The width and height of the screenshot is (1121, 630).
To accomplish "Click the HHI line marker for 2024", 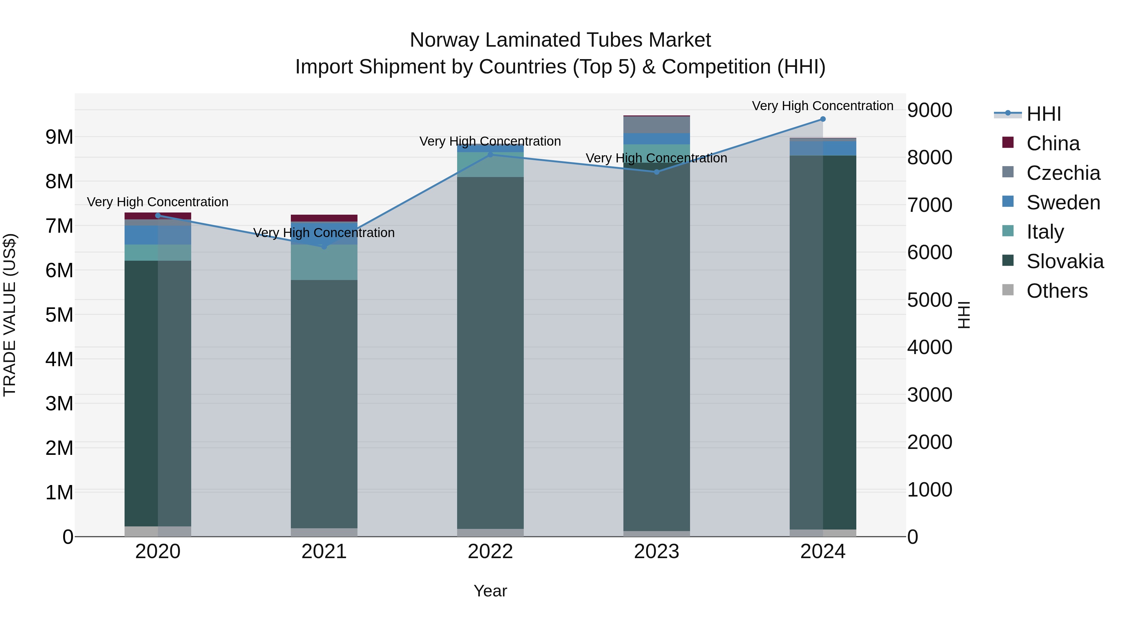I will pos(822,119).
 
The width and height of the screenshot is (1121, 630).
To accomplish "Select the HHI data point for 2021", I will pos(324,246).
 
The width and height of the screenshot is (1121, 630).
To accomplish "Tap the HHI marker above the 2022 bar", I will pos(490,154).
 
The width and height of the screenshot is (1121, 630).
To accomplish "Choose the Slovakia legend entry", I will pos(1064,261).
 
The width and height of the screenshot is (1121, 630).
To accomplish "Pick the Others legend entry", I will pos(1057,291).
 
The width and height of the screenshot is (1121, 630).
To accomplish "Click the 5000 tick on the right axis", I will pos(929,300).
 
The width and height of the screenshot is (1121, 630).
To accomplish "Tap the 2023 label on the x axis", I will pos(656,552).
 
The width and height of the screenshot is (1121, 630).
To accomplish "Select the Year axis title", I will pos(490,591).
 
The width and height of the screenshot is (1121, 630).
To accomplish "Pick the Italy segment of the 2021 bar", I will pos(324,262).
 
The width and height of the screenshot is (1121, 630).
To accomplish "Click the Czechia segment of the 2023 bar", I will pos(656,125).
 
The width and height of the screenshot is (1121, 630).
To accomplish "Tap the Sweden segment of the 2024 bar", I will pos(822,148).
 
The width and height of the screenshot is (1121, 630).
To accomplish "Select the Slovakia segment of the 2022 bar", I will pos(490,352).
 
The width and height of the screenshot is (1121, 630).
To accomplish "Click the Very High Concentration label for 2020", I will pos(158,202).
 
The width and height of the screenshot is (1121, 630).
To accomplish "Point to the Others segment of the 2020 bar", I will pos(158,531).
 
